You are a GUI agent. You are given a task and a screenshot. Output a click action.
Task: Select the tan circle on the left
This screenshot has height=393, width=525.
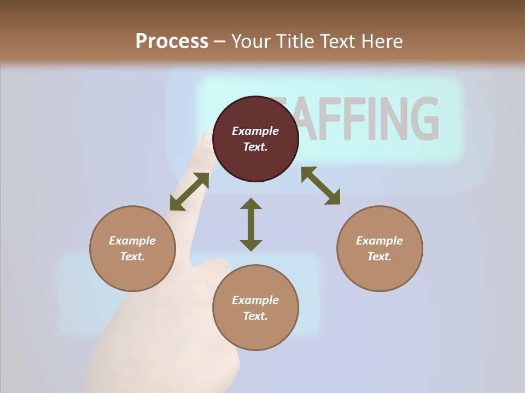[x=132, y=248]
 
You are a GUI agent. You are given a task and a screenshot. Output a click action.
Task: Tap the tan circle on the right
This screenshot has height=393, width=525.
[x=380, y=248]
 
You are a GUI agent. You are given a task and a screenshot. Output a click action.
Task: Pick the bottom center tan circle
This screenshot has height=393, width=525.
[x=255, y=307]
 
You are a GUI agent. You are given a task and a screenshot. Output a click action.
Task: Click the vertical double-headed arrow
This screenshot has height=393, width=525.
[x=251, y=224]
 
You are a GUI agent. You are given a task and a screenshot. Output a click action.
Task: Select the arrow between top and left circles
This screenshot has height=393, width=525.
[x=189, y=192]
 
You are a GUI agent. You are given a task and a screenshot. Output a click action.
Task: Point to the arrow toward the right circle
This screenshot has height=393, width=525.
[x=320, y=186]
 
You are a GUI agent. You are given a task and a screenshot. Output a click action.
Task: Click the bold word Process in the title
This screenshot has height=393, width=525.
[x=172, y=41]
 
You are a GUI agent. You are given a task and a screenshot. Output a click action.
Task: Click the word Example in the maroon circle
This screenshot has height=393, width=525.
[x=255, y=131]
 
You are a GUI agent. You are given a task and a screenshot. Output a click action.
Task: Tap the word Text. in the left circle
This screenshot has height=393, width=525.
[x=132, y=257]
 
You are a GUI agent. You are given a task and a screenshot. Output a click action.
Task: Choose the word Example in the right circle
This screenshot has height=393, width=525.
[x=380, y=241]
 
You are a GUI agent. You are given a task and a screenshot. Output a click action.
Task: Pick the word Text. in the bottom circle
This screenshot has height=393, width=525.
[x=255, y=316]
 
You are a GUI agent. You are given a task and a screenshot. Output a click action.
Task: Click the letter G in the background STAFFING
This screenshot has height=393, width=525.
[x=424, y=118]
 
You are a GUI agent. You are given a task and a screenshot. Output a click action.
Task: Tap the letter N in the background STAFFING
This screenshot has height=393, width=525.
[x=389, y=118]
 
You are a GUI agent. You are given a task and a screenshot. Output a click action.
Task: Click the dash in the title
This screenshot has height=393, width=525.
[x=220, y=42]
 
